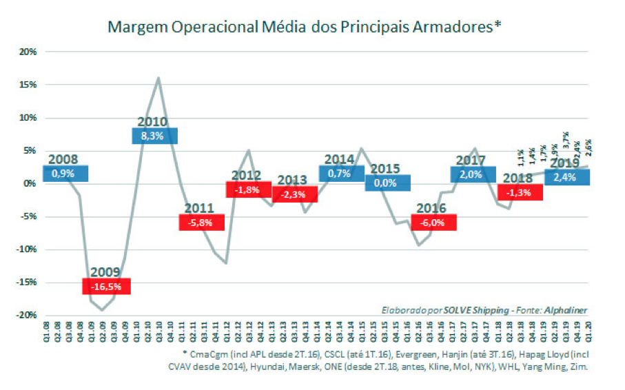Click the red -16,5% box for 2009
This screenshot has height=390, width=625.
pyautogui.click(x=107, y=285)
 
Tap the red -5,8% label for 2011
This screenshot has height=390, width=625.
pyautogui.click(x=202, y=222)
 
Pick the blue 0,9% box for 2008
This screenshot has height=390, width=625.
pyautogui.click(x=65, y=173)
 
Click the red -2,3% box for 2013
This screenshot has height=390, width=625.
pyautogui.click(x=294, y=194)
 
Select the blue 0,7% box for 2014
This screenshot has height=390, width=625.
pyautogui.click(x=341, y=174)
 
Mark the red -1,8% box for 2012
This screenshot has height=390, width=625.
pyautogui.click(x=247, y=189)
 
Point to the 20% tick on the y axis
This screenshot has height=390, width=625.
pyautogui.click(x=28, y=52)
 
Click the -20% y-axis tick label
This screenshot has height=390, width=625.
pyautogui.click(x=26, y=315)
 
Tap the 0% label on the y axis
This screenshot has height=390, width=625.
pyautogui.click(x=30, y=183)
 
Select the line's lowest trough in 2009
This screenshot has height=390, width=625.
pyautogui.click(x=102, y=310)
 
